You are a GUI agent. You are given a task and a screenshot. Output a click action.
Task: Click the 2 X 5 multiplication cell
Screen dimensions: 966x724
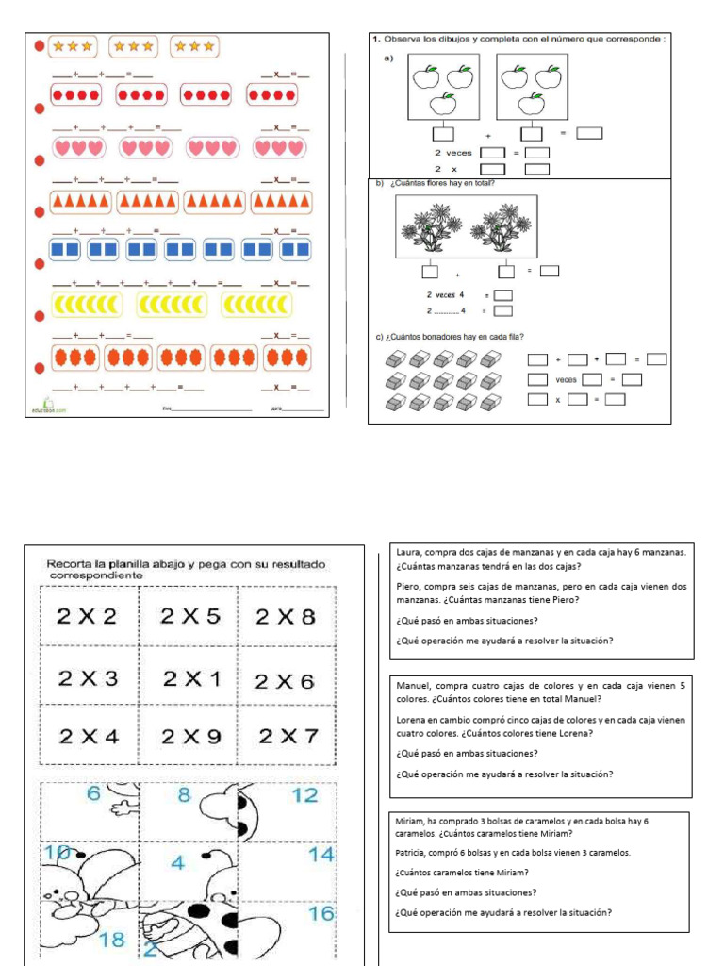coord(189,617)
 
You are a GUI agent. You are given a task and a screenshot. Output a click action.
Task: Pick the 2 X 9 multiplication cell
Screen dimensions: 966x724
coord(189,737)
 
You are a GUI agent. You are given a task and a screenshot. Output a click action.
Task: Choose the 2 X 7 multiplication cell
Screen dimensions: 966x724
coord(288,736)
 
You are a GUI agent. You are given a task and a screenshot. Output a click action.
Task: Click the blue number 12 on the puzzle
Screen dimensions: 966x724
coord(304,796)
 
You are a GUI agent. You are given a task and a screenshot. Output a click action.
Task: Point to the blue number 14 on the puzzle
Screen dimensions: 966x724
coord(321,855)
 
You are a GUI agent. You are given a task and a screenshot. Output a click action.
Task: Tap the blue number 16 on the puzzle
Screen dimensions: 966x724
coord(321,913)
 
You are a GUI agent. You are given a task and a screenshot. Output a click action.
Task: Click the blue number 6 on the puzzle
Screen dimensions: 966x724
coord(93,794)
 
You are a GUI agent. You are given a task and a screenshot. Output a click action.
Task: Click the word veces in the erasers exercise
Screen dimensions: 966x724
coord(566,380)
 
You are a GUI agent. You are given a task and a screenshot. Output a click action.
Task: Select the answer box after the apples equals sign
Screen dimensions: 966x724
coord(589,133)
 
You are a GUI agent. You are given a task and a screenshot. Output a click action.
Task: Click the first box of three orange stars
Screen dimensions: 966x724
coord(72,45)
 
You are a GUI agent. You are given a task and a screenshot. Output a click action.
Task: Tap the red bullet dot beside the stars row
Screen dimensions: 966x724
coord(39,45)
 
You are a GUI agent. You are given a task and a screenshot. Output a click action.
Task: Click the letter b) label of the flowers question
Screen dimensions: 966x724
coord(377,184)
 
